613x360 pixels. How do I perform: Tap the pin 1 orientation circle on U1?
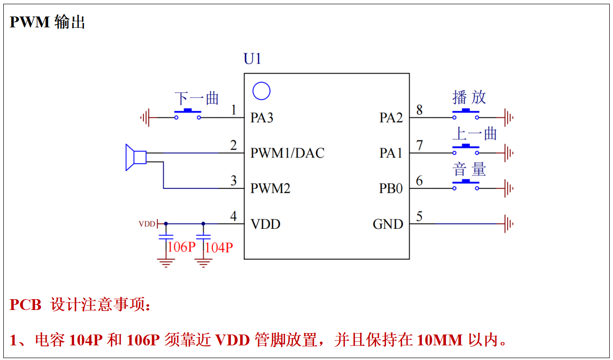(261, 91)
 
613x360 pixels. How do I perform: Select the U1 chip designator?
(252, 59)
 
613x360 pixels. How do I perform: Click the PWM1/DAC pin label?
(287, 153)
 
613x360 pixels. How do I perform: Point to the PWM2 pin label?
(270, 189)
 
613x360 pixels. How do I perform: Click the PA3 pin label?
(262, 117)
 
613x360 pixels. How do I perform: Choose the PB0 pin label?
(391, 189)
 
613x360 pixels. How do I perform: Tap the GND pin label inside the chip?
(388, 224)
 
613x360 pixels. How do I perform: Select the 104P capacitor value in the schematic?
(219, 247)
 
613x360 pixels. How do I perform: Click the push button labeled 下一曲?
(187, 114)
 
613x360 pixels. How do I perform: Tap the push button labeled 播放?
(466, 114)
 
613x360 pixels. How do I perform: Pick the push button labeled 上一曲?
(466, 149)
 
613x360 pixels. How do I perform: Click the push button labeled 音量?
(466, 184)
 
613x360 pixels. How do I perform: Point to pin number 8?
(419, 110)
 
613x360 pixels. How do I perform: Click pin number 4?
(233, 217)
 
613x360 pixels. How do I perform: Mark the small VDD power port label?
(147, 224)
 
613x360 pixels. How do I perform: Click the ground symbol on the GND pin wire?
(508, 224)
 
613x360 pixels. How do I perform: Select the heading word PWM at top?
(30, 22)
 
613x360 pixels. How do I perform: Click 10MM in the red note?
(439, 340)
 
